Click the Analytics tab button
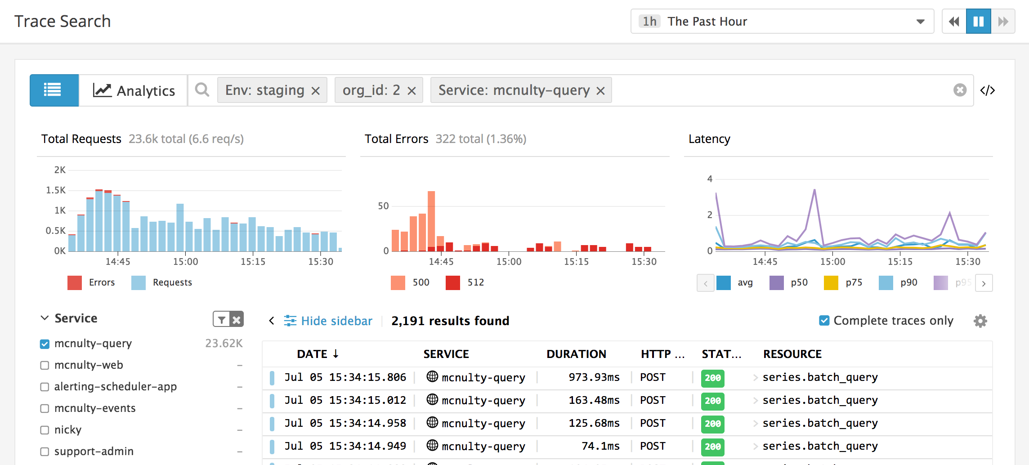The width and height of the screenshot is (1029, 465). (134, 90)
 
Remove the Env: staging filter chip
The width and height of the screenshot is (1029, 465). (316, 91)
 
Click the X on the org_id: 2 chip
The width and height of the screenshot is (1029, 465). (412, 91)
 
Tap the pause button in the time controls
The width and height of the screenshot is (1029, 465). (978, 21)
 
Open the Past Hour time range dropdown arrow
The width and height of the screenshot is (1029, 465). (920, 22)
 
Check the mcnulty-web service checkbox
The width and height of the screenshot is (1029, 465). (45, 365)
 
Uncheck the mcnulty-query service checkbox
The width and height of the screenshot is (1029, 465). (45, 344)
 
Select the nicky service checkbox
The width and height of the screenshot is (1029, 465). (45, 430)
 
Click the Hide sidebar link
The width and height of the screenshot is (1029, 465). (336, 321)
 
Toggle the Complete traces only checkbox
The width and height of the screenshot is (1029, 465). (824, 321)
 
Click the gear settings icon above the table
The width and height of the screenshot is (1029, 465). (980, 321)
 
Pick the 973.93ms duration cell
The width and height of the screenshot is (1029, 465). (594, 377)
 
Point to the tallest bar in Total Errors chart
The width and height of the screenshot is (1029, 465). (431, 220)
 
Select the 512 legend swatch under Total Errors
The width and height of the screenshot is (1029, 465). (453, 282)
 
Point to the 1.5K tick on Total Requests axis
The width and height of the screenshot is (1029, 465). (56, 190)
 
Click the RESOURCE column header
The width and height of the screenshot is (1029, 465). (792, 354)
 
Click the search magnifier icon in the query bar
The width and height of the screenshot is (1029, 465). (202, 90)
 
